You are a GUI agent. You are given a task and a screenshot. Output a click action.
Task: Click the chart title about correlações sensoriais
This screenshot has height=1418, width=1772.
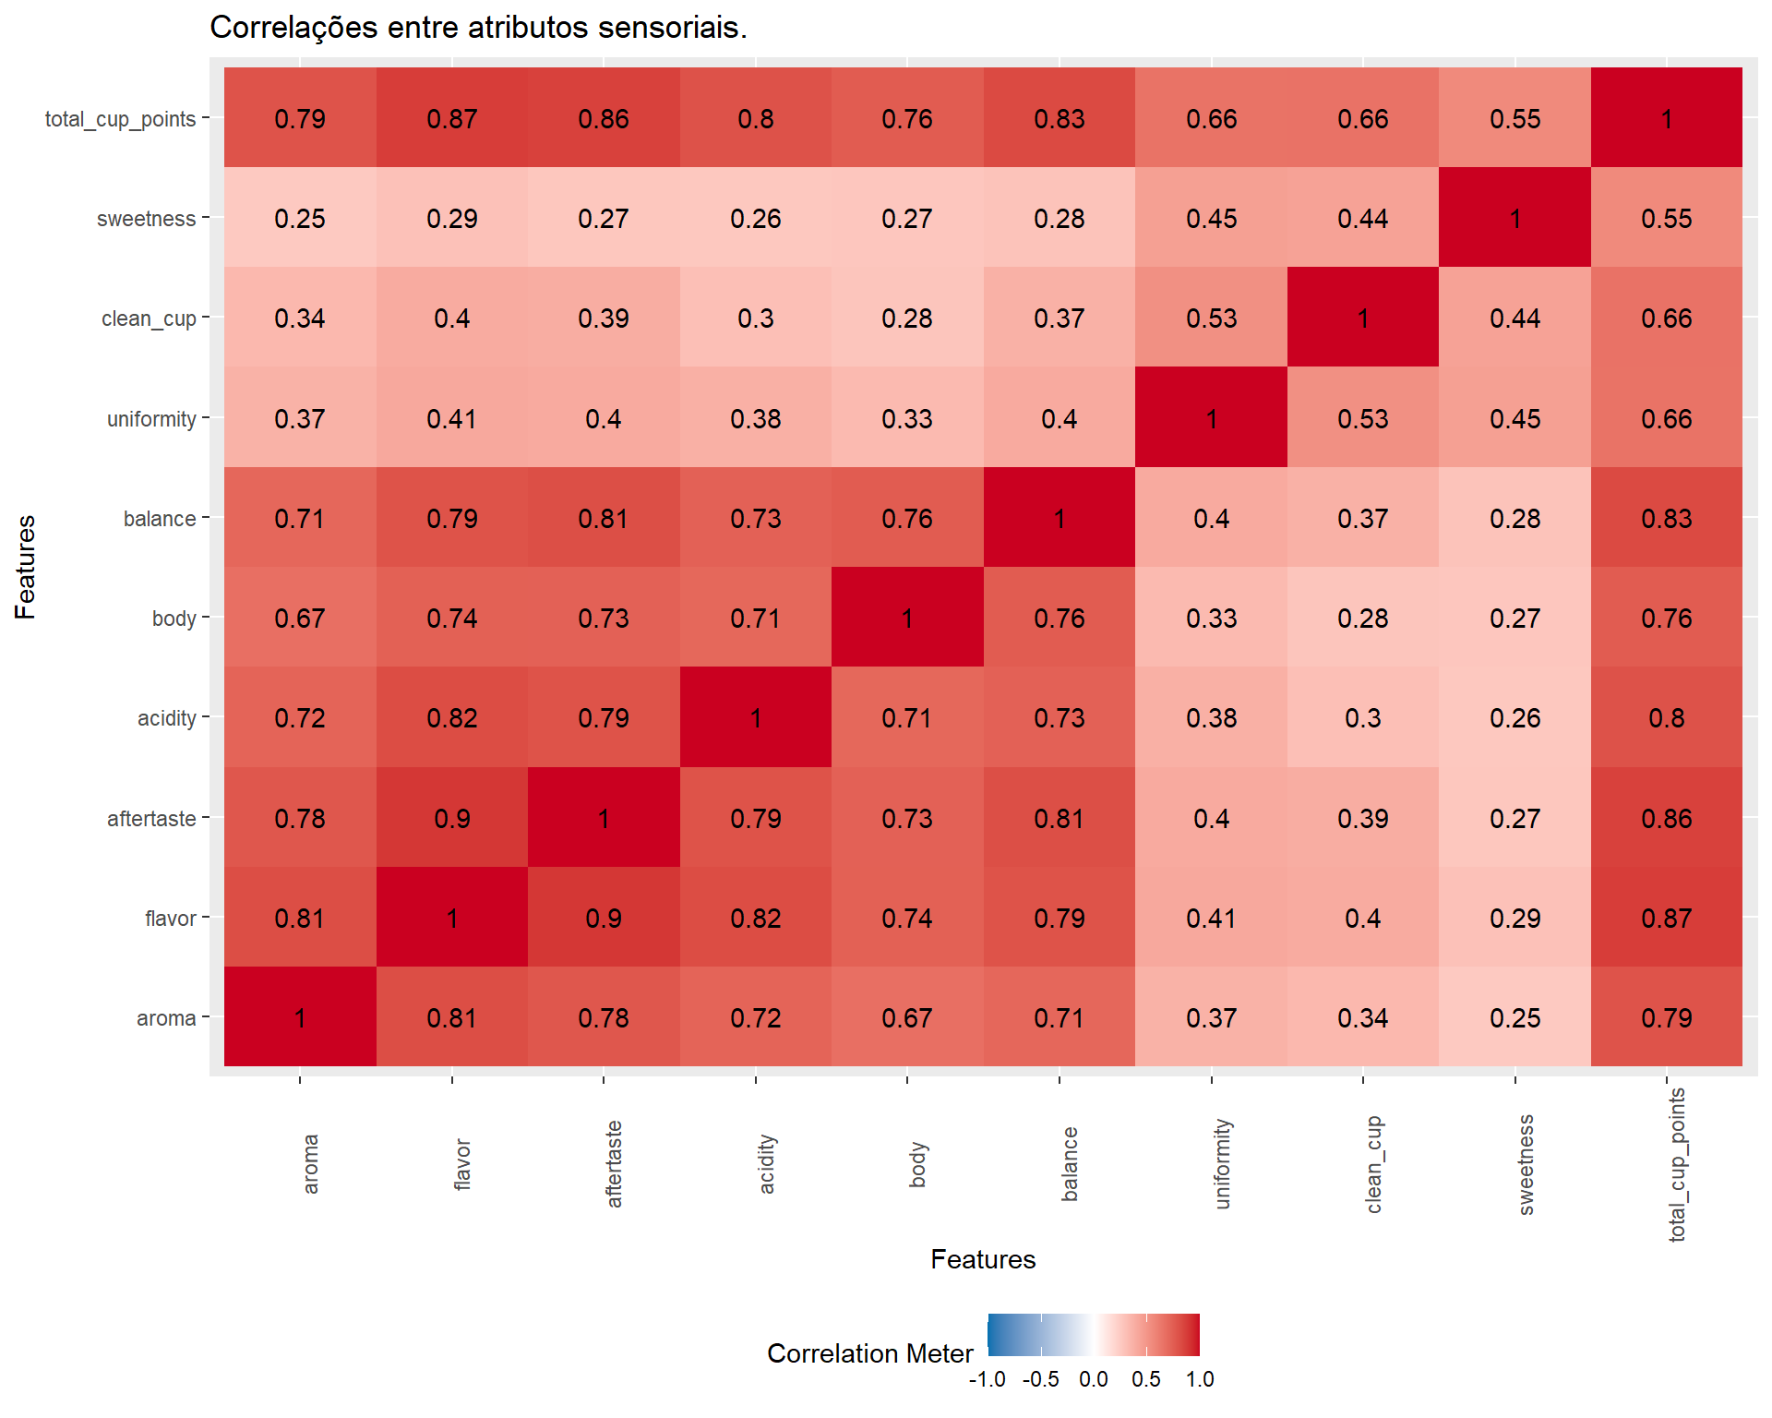click(478, 28)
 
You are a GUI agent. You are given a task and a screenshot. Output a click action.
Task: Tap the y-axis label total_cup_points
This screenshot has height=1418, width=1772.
click(120, 119)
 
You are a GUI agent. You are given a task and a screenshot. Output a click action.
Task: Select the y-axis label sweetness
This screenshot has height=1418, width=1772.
click(146, 219)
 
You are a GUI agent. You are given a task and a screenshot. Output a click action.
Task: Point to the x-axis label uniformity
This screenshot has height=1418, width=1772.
click(1222, 1163)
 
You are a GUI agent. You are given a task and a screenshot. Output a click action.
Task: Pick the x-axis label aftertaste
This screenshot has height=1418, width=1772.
click(614, 1163)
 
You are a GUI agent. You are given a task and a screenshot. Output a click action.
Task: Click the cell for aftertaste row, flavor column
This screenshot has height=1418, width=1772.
click(452, 818)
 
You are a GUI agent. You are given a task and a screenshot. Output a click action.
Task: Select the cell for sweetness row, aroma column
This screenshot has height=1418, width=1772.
click(300, 219)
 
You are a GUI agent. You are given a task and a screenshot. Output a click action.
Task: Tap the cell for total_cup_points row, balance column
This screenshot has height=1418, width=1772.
click(1060, 119)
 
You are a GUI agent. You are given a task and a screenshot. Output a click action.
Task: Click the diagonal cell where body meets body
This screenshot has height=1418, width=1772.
click(907, 618)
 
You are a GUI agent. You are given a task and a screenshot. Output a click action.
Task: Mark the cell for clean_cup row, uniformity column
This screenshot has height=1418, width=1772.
click(1211, 318)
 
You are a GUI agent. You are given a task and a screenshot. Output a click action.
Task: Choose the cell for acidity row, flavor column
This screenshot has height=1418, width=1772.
click(452, 718)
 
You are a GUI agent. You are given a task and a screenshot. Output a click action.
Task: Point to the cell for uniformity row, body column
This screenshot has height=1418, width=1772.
click(907, 418)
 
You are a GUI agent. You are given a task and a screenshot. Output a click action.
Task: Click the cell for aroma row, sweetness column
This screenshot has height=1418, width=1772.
click(1515, 1017)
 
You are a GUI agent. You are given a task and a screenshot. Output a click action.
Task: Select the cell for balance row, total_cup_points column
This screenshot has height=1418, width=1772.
click(1666, 518)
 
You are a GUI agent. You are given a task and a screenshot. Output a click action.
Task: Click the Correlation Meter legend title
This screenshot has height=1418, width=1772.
click(869, 1353)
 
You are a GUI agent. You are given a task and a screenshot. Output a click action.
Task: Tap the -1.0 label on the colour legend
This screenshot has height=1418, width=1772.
click(987, 1379)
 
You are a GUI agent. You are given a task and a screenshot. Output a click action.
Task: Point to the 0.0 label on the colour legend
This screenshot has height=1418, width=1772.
click(1093, 1379)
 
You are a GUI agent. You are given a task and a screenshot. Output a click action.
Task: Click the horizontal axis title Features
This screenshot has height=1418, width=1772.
click(983, 1259)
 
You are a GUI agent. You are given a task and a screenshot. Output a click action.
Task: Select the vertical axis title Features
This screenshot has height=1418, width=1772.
click(26, 567)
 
